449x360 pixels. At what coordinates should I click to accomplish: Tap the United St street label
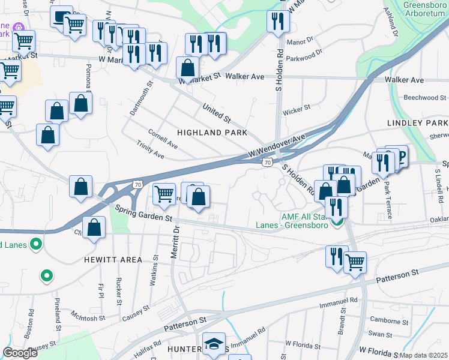click(x=217, y=110)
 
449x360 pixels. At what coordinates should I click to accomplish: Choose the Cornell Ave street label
click(x=163, y=138)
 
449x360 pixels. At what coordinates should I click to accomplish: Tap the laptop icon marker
click(x=61, y=17)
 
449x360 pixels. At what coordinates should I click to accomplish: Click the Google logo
click(x=20, y=353)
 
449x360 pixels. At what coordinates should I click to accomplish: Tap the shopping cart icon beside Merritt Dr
click(x=164, y=194)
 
